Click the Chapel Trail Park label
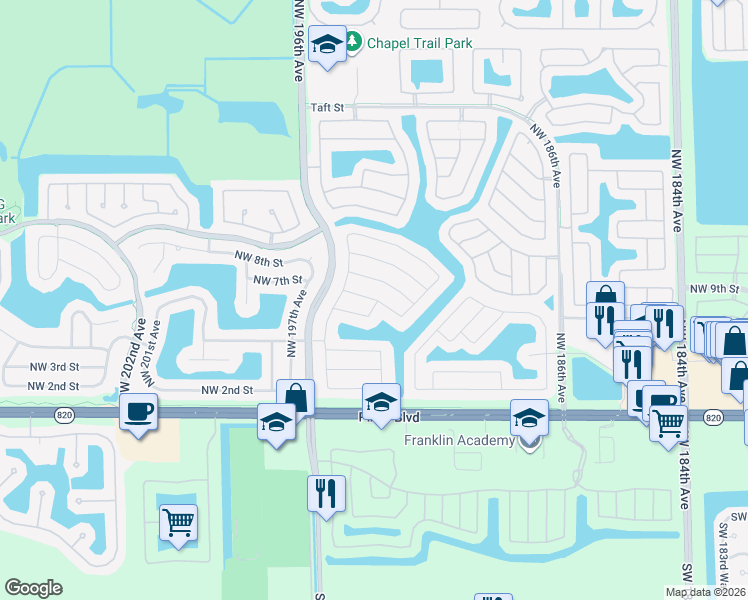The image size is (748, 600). [419, 43]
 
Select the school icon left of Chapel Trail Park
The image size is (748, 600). [327, 44]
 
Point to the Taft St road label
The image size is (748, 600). [326, 106]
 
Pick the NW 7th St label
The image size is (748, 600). [278, 281]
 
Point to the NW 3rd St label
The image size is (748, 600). [54, 367]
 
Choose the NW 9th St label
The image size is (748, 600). [712, 290]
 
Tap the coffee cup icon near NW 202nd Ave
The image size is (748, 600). [138, 410]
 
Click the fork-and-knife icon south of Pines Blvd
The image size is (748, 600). [327, 492]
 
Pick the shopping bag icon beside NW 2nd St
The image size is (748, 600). [296, 397]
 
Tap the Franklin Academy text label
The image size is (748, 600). [459, 441]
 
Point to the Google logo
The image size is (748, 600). [33, 588]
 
